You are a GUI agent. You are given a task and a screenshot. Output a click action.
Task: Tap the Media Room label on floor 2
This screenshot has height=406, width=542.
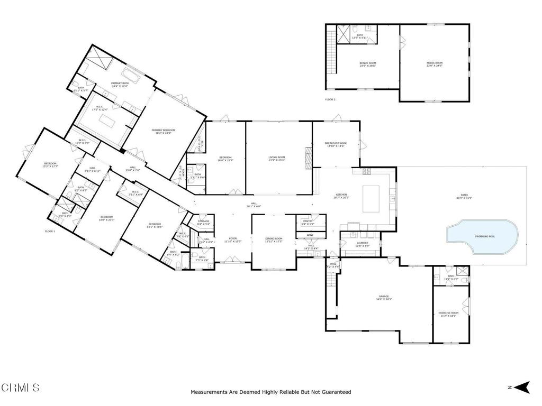click(434, 64)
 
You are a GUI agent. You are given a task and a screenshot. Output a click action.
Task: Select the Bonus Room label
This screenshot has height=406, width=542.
click(367, 64)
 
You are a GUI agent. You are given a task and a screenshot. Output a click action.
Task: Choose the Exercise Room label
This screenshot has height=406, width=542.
click(448, 314)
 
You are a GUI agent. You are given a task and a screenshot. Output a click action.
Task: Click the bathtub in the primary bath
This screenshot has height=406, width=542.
click(131, 75)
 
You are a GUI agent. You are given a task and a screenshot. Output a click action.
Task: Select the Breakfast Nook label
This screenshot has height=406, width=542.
click(336, 144)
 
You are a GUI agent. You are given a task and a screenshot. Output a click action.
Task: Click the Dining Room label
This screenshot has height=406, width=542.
click(274, 239)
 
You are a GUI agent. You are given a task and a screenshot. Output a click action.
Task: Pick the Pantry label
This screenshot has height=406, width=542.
click(308, 222)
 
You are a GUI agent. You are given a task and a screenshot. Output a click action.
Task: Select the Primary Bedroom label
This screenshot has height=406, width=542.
click(163, 131)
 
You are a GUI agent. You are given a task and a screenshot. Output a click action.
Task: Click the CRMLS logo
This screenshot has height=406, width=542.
click(20, 387)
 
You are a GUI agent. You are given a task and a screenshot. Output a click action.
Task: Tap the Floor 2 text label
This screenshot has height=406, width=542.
click(330, 99)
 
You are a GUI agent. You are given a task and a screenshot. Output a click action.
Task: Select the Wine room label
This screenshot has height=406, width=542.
click(310, 235)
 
